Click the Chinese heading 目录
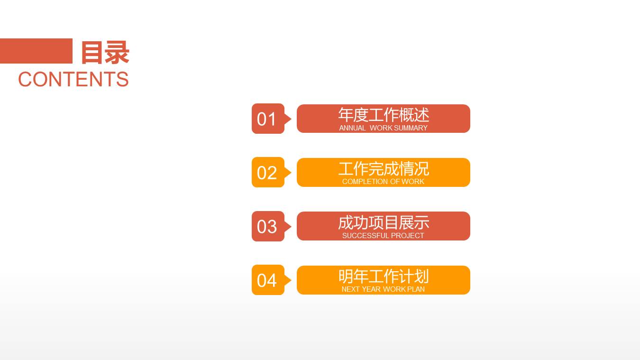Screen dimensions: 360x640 105,52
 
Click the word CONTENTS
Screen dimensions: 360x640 73,79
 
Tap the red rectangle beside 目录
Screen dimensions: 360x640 36,51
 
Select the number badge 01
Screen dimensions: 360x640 267,119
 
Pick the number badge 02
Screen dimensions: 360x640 267,173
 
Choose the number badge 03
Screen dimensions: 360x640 267,227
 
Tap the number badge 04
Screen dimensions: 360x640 267,280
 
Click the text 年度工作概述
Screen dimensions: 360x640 384,115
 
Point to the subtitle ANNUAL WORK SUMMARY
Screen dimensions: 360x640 383,128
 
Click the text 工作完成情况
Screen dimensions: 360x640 384,169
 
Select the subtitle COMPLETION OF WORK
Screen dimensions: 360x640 383,182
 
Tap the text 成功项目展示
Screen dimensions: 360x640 384,222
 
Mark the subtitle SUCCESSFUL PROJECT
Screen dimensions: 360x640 383,236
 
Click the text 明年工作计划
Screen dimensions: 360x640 384,276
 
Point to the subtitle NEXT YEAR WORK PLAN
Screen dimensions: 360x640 383,289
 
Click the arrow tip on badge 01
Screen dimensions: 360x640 289,119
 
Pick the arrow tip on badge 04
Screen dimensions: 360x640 289,280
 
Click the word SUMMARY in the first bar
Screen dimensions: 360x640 411,128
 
